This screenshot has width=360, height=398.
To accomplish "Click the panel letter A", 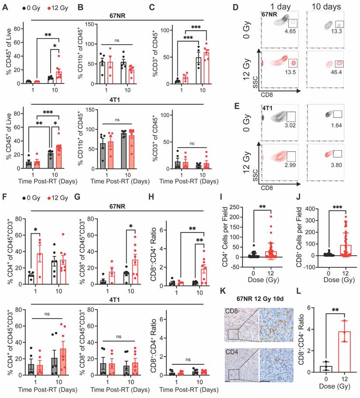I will point(5,6).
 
